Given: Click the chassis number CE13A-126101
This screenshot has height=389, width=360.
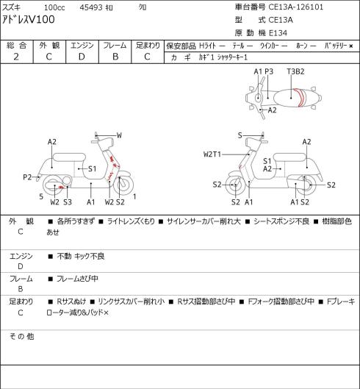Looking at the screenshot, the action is pos(296,7).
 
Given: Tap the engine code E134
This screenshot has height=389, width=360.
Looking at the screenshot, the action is pos(278,33).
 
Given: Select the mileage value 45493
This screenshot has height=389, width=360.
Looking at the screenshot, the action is pos(91,7).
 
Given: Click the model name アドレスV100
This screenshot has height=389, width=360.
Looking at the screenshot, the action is pos(28,20).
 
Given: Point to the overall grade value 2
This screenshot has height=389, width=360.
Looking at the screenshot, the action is pos(16,57).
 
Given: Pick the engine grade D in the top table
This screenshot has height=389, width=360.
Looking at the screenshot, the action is pos(82,57).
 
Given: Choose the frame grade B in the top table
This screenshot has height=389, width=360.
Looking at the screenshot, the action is pos(115,57).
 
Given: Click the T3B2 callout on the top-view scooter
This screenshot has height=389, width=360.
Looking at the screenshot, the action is pos(295,72).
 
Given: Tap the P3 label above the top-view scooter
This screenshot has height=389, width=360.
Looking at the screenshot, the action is pos(269,72).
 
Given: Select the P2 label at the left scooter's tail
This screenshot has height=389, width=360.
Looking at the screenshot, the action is pos(27,177).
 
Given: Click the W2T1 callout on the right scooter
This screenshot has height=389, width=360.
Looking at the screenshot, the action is pos(212,154).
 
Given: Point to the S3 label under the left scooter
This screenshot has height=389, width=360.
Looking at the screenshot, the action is pos(67,202).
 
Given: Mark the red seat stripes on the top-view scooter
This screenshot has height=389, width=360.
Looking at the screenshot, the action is pos(300,98).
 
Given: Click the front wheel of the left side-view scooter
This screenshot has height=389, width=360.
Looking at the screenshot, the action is pos(123,185).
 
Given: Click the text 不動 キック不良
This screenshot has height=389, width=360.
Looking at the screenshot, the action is pos(81,257).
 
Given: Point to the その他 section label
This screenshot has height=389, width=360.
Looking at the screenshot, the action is pos(21,336).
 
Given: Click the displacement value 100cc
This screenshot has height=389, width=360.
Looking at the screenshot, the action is pos(54,7).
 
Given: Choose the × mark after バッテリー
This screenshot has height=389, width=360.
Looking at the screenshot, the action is pos(351,46).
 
